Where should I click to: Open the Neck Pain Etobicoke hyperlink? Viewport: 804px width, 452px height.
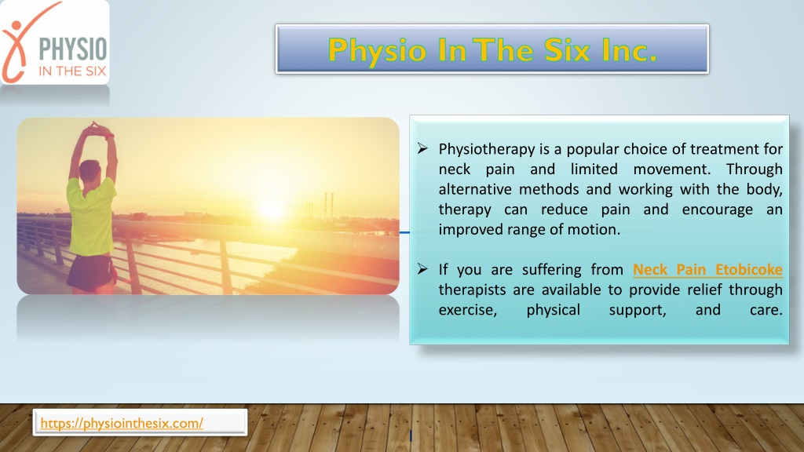(x=707, y=270)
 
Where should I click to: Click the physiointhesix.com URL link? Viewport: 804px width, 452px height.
(x=122, y=423)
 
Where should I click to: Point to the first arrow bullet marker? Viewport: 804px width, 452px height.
(x=422, y=148)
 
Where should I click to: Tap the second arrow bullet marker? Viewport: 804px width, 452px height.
(x=422, y=269)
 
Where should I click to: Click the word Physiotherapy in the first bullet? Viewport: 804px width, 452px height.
(x=487, y=150)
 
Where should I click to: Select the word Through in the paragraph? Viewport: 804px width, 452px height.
(x=755, y=169)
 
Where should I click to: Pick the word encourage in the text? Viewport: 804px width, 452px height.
(x=718, y=210)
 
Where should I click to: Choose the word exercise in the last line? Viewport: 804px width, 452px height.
(x=468, y=310)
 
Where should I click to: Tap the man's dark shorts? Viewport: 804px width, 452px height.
(x=91, y=271)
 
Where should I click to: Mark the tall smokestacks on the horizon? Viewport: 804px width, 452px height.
(x=328, y=205)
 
